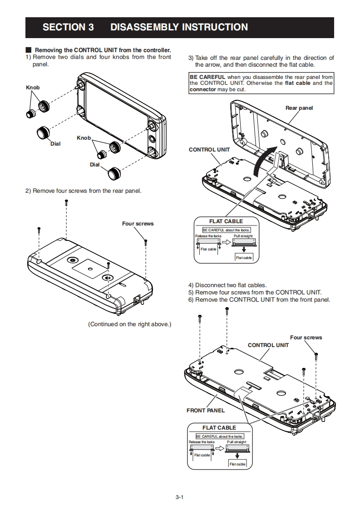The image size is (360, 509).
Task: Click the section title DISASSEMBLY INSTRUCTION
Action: [179, 27]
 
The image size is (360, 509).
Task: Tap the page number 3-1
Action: [180, 497]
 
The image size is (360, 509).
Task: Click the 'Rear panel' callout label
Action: [299, 108]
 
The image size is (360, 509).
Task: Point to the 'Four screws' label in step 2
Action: [138, 224]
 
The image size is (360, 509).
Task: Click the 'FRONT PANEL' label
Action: [206, 411]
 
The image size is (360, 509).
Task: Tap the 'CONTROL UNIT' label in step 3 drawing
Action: [209, 150]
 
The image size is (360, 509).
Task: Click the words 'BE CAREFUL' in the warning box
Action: [207, 77]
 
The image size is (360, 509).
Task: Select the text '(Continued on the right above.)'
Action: [130, 324]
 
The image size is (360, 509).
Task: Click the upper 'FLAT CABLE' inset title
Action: [226, 221]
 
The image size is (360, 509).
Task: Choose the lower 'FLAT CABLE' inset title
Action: [219, 428]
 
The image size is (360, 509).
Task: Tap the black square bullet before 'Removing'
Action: [29, 50]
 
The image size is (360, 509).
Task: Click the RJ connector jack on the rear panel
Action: [137, 299]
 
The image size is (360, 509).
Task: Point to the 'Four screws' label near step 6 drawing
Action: [306, 338]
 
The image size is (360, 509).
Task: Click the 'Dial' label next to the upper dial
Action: [55, 144]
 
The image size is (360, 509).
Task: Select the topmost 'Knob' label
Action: [33, 88]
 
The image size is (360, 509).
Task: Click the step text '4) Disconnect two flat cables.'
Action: [227, 285]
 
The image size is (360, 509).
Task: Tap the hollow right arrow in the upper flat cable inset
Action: [227, 242]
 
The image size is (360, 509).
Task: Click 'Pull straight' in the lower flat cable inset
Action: [237, 442]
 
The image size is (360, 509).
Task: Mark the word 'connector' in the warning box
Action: [203, 89]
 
